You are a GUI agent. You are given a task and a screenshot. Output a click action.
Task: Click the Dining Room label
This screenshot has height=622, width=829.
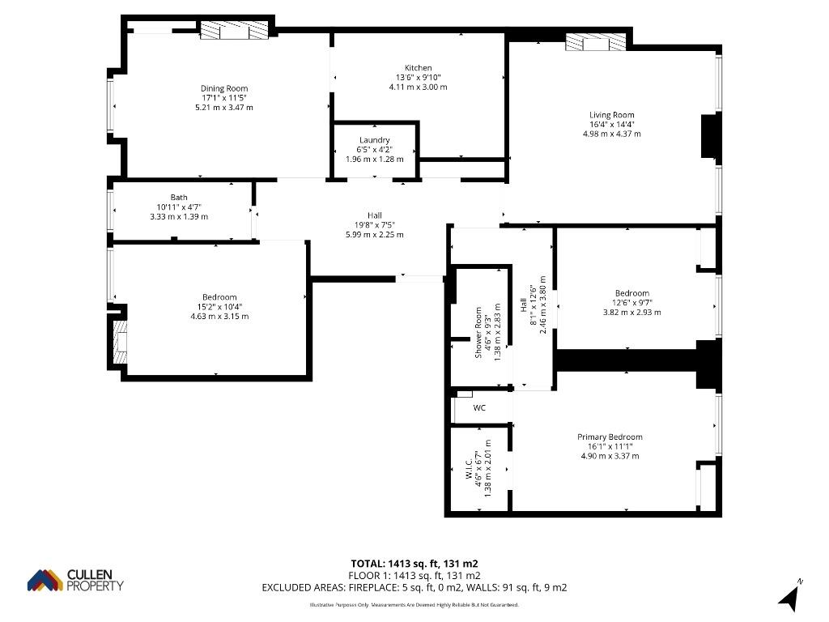(224, 88)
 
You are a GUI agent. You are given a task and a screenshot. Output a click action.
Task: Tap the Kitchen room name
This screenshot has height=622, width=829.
(419, 68)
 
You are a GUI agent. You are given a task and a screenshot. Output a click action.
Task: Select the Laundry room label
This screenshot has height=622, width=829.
(374, 139)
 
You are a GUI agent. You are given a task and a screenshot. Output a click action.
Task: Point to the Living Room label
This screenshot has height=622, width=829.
(612, 115)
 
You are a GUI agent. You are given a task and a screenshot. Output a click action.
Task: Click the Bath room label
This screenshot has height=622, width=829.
(179, 198)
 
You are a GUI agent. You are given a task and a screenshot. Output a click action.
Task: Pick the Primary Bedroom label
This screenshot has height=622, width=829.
(610, 437)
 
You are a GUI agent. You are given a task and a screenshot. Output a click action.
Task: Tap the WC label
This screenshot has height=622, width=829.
(479, 408)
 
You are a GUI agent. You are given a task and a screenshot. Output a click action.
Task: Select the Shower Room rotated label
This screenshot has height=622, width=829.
(478, 333)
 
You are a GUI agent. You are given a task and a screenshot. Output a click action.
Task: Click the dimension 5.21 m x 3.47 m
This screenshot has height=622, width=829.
(224, 108)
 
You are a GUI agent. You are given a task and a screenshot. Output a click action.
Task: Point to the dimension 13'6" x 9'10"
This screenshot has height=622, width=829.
(419, 77)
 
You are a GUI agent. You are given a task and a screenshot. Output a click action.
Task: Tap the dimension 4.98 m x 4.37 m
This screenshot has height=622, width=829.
(612, 134)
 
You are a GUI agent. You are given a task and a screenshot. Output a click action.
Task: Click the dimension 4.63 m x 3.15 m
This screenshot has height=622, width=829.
(219, 317)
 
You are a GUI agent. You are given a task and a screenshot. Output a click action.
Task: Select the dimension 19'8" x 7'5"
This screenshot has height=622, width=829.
(374, 225)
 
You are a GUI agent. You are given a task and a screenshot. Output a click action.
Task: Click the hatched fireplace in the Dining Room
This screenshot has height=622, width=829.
(234, 30)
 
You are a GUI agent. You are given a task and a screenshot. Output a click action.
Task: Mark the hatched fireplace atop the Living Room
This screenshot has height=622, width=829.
(595, 42)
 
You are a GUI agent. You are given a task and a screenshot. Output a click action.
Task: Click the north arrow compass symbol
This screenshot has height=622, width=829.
(789, 597)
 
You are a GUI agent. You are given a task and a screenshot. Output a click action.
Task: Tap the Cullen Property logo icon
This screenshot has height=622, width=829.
(45, 580)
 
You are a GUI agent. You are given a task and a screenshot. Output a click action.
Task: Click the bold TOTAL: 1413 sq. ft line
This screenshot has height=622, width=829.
(414, 564)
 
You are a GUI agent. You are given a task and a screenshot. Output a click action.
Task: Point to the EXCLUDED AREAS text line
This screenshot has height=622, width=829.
(414, 588)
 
